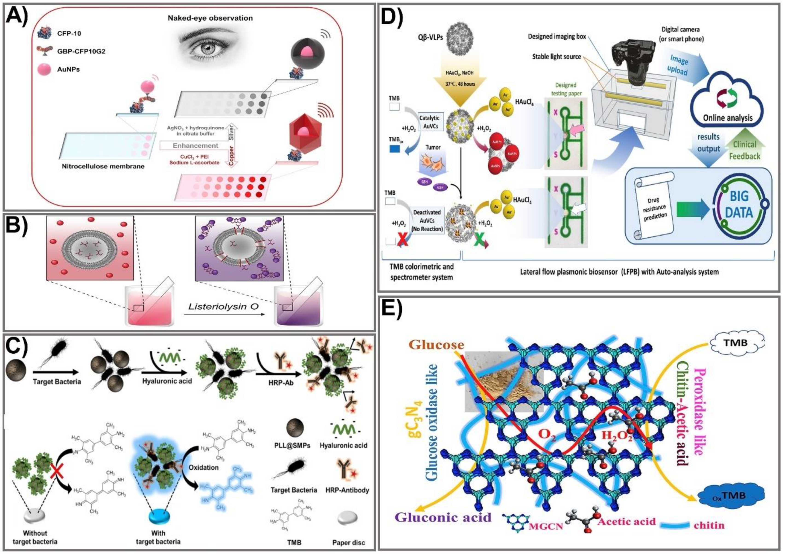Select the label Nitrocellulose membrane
(103, 166)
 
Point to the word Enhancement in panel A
(195, 146)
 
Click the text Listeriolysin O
(223, 306)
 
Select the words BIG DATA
(738, 205)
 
